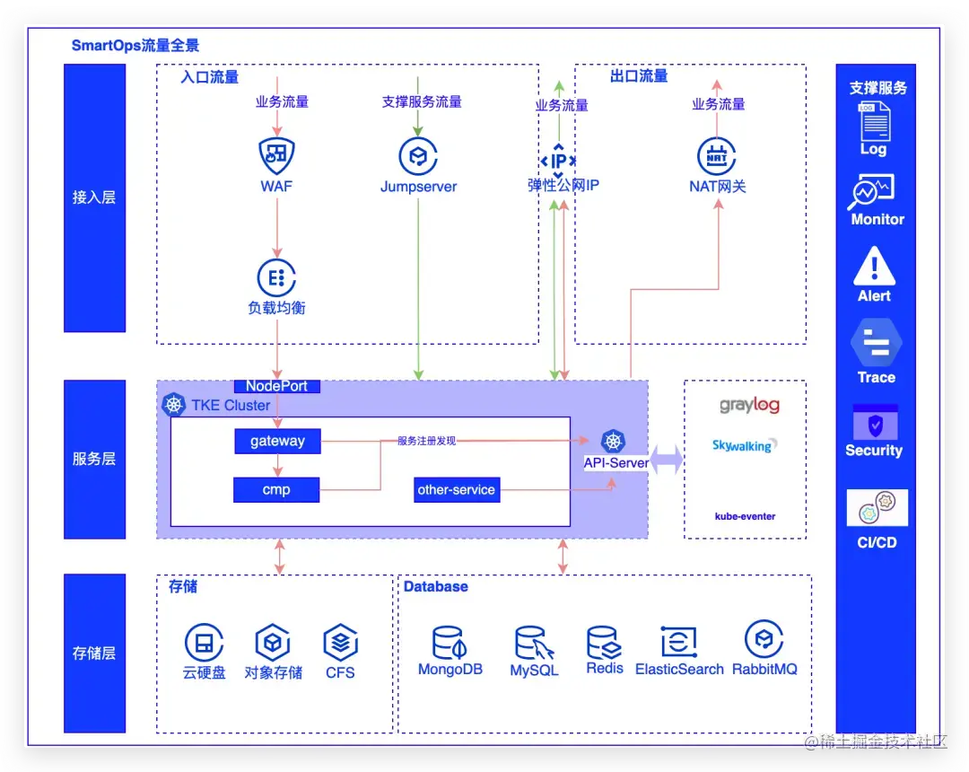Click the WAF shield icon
point(276,156)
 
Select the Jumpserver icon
point(418,156)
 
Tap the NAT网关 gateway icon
point(717,156)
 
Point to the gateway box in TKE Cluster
point(277,442)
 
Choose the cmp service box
point(276,490)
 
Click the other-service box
point(457,490)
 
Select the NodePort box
point(276,386)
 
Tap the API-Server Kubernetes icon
point(613,441)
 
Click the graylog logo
point(749,406)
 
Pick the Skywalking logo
point(745,445)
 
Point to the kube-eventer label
point(745,516)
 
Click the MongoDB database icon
point(450,644)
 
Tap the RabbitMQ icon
point(764,639)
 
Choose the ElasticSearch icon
point(679,642)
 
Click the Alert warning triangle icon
point(874,267)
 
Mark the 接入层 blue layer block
point(94,197)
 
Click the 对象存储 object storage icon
point(273,643)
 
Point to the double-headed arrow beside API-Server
point(666,461)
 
